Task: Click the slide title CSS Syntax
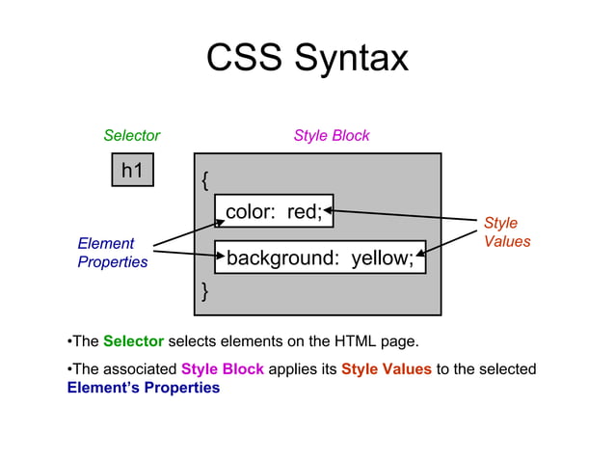point(307,59)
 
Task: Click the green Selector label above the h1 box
point(131,136)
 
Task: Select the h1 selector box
point(132,171)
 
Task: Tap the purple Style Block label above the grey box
point(331,136)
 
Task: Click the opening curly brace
point(204,180)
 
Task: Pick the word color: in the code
point(252,211)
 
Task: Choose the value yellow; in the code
point(382,258)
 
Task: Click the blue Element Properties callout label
point(112,253)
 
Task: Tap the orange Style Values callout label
point(506,232)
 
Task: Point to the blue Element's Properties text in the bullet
point(144,389)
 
